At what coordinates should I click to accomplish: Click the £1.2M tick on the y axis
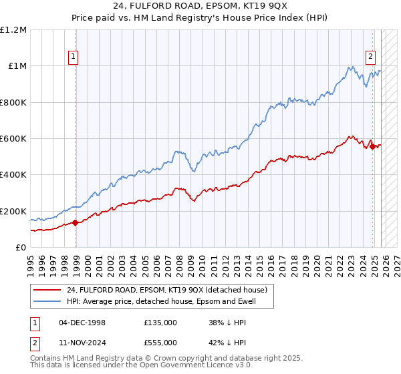13,30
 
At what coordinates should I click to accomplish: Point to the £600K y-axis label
13,139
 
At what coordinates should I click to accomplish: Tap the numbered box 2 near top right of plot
370,57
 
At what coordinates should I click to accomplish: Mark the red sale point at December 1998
76,223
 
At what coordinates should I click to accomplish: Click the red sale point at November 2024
372,147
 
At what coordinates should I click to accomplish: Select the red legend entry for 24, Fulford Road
167,290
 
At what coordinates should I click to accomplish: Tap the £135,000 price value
160,322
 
